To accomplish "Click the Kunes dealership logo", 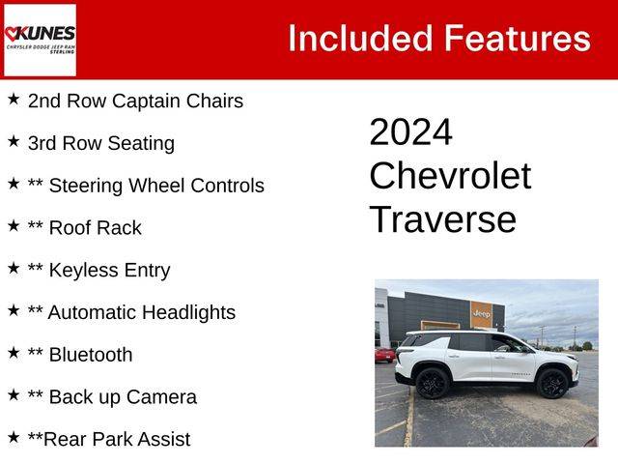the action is (x=40, y=40).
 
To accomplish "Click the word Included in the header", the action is (x=360, y=39).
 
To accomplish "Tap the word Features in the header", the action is (x=518, y=39).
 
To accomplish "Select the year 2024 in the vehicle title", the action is (x=410, y=132).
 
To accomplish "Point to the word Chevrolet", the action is (x=450, y=176).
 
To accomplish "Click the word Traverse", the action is (x=442, y=219).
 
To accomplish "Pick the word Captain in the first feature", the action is (x=146, y=101).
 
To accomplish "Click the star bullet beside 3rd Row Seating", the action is (x=14, y=141).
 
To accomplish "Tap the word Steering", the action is (x=86, y=186).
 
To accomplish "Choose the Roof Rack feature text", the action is (x=95, y=228).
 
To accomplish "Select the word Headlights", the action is (x=189, y=312).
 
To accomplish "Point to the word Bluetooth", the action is (x=91, y=355).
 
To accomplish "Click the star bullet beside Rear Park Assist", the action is (x=14, y=437).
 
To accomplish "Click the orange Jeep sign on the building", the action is (x=481, y=314).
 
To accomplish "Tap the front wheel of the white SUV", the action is (x=552, y=384).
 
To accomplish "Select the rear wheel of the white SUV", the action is (x=432, y=383).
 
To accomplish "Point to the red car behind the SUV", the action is (x=384, y=355).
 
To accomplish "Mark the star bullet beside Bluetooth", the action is (x=14, y=352).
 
